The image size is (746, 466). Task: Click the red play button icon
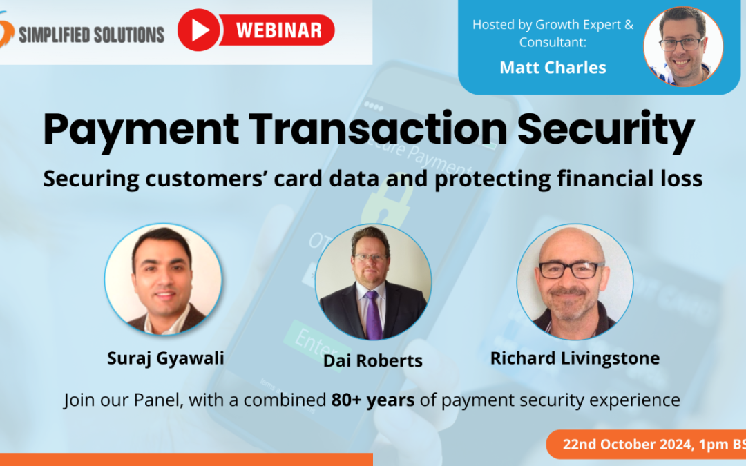[x=198, y=30]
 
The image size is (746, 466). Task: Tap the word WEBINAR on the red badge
[x=279, y=30]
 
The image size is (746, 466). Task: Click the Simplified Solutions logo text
[x=91, y=35]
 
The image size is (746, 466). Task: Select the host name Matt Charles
[x=553, y=68]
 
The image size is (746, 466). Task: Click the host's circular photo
[x=683, y=47]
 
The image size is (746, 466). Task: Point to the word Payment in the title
[x=141, y=129]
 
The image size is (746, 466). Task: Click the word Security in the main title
[x=606, y=129]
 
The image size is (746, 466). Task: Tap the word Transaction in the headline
[x=378, y=128]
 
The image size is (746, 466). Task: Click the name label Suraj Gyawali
[x=166, y=358]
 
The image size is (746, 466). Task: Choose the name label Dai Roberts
[x=373, y=360]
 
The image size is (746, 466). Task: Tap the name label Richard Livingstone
[x=575, y=358]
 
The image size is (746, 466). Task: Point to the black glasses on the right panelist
[x=569, y=270]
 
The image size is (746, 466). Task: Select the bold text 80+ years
[x=373, y=400]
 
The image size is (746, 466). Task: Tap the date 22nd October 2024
[x=627, y=444]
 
